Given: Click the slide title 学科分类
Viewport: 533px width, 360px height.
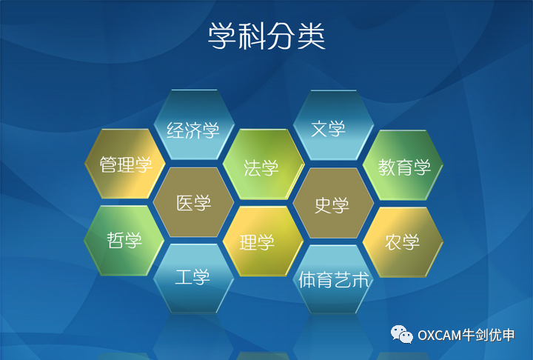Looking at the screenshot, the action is pyautogui.click(x=266, y=36).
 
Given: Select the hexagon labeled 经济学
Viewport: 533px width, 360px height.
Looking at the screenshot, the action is pyautogui.click(x=194, y=124).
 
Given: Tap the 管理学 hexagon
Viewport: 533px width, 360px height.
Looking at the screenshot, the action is pyautogui.click(x=125, y=164).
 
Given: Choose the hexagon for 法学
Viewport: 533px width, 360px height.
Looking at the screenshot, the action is pyautogui.click(x=264, y=164).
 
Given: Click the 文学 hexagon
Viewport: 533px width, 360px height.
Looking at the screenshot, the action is pyautogui.click(x=333, y=125).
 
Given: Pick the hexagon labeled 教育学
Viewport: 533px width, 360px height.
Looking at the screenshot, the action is pyautogui.click(x=403, y=165).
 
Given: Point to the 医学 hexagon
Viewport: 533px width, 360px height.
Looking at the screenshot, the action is pyautogui.click(x=193, y=202).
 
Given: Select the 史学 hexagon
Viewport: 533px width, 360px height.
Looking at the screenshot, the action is pyautogui.click(x=333, y=203).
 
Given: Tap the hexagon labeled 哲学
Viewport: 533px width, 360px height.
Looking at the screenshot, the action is pyautogui.click(x=124, y=241).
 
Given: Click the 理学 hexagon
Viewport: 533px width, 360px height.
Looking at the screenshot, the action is pyautogui.click(x=263, y=241).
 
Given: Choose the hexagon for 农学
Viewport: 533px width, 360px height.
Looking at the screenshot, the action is pyautogui.click(x=403, y=242).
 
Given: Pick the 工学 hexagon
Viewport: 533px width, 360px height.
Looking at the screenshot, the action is pyautogui.click(x=194, y=279).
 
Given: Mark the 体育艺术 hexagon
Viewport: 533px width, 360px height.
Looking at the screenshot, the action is pyautogui.click(x=333, y=279).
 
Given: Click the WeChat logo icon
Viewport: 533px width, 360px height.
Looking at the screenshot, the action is pyautogui.click(x=401, y=335).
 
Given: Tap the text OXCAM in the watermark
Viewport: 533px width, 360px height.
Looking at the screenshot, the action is pyautogui.click(x=439, y=336).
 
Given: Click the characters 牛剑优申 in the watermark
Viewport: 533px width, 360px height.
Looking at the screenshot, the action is pyautogui.click(x=488, y=335).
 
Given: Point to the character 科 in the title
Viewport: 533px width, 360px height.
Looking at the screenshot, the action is pyautogui.click(x=252, y=36).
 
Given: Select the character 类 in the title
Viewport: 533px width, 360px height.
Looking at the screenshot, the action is pyautogui.click(x=312, y=36).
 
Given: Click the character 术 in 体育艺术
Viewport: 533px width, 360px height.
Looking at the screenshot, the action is pyautogui.click(x=361, y=280).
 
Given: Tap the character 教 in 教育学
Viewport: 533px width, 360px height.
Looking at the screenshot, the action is pyautogui.click(x=386, y=167).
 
